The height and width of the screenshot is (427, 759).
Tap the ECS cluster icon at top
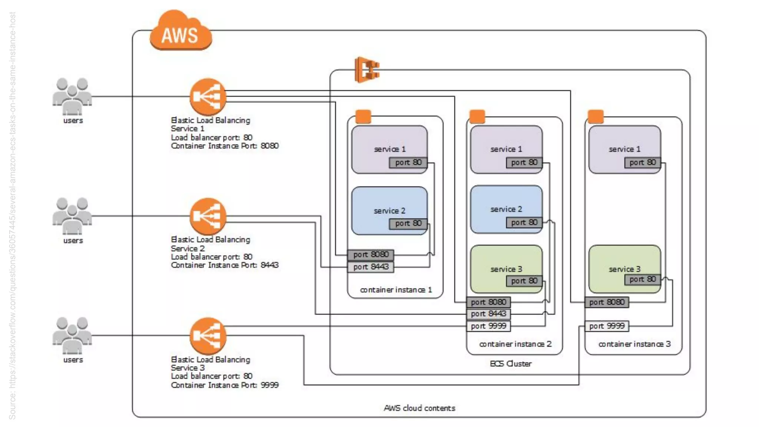coord(367,70)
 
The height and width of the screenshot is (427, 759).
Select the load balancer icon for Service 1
coord(208,97)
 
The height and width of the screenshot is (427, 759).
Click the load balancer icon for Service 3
coord(208,336)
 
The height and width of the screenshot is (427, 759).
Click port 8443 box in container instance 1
coord(371,267)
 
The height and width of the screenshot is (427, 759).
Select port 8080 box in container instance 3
coord(607,302)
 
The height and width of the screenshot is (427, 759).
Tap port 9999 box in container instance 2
coord(488,326)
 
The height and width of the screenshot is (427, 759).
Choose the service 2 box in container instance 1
coord(389,210)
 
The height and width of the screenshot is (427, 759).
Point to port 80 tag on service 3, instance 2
coord(524,281)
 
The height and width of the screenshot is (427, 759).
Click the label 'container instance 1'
coord(396,290)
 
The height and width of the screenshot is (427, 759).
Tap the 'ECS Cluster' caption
coord(510,364)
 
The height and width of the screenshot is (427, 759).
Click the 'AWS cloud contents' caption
coord(419,408)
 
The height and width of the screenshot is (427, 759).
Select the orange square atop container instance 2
coord(477,116)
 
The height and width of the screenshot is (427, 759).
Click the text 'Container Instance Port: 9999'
coord(225,385)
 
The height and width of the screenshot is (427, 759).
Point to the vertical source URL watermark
coord(12,215)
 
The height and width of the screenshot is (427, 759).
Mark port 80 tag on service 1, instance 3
coord(642,162)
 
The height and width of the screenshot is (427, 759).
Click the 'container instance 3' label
coord(634,344)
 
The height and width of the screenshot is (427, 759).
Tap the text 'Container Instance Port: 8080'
coord(225,146)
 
